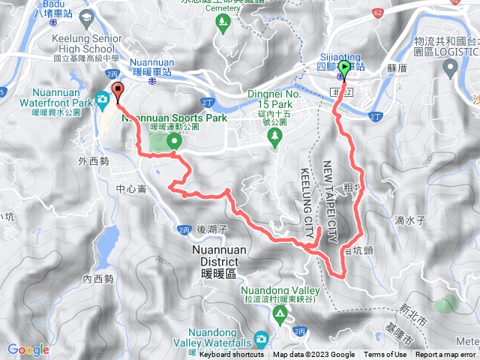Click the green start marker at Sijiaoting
pyautogui.click(x=344, y=70)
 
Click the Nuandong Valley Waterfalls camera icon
pyautogui.click(x=259, y=339)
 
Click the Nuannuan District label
pyautogui.click(x=214, y=256)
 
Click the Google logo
pyautogui.click(x=28, y=349)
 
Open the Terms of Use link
pyautogui.click(x=385, y=355)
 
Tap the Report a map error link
pyautogui.click(x=447, y=355)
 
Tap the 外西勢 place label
pyautogui.click(x=93, y=160)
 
